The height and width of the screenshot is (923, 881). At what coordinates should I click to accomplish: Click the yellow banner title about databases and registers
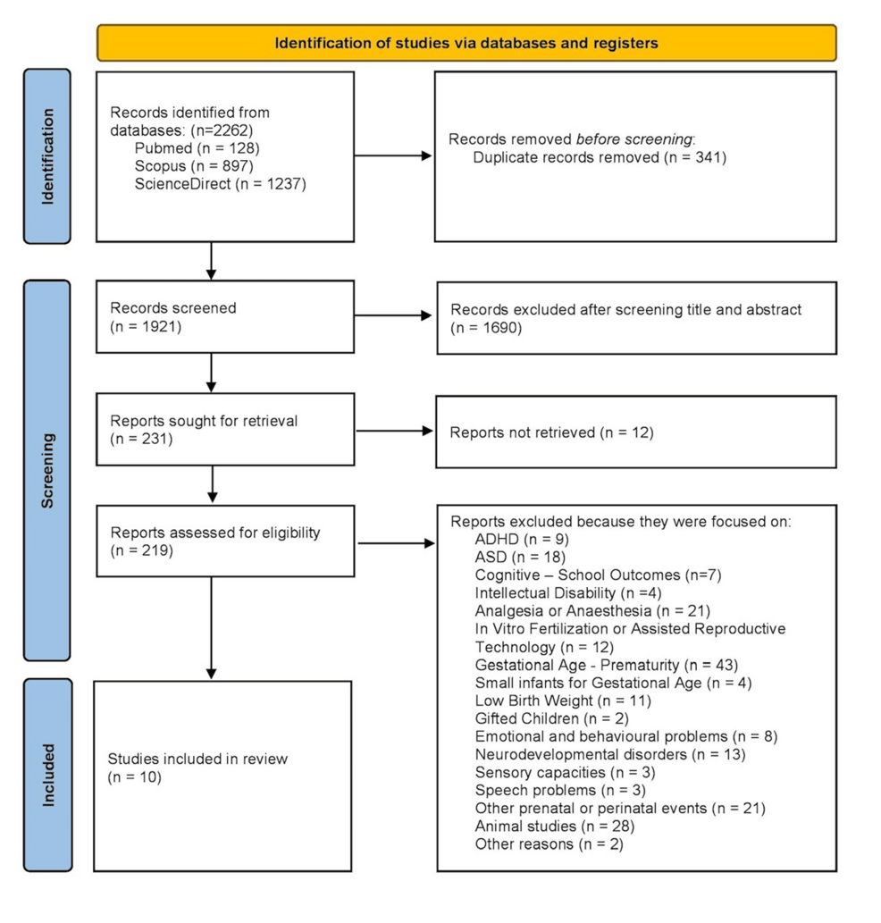tap(466, 43)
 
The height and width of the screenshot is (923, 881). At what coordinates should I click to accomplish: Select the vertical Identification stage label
tap(47, 156)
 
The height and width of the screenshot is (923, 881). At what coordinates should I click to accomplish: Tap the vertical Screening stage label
tap(47, 471)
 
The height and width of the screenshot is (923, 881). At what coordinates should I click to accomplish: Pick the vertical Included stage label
tap(47, 775)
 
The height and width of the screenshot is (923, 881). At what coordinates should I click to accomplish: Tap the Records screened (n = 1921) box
tap(224, 316)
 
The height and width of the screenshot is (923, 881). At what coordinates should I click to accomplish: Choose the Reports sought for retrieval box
tap(224, 431)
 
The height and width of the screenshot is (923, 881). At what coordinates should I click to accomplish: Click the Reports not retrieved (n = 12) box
tap(635, 432)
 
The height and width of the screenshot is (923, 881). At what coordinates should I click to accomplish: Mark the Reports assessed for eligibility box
tap(224, 541)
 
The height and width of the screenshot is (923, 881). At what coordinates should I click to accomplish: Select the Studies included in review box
tap(222, 774)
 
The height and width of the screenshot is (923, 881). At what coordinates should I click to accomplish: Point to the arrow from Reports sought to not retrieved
tap(394, 431)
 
